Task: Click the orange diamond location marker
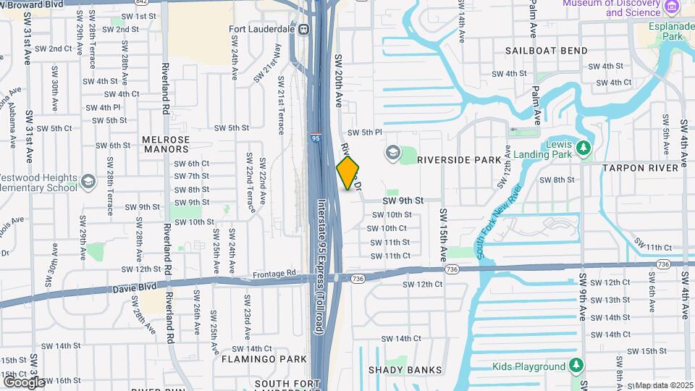[x=348, y=173]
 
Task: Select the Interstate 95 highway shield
[x=316, y=137]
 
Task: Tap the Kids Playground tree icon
[x=576, y=366]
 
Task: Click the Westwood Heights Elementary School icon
[x=88, y=180]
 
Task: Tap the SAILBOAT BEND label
[x=547, y=51]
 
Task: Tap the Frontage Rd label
[x=275, y=274]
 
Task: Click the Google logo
[x=23, y=382]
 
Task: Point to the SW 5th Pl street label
[x=364, y=133]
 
